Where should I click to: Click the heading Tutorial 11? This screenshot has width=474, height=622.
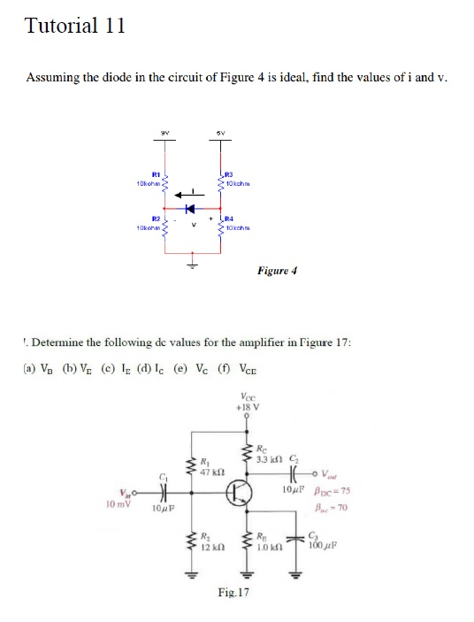75,26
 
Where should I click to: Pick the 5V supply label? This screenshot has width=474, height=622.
222,136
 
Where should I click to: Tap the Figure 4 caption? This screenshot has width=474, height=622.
276,269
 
